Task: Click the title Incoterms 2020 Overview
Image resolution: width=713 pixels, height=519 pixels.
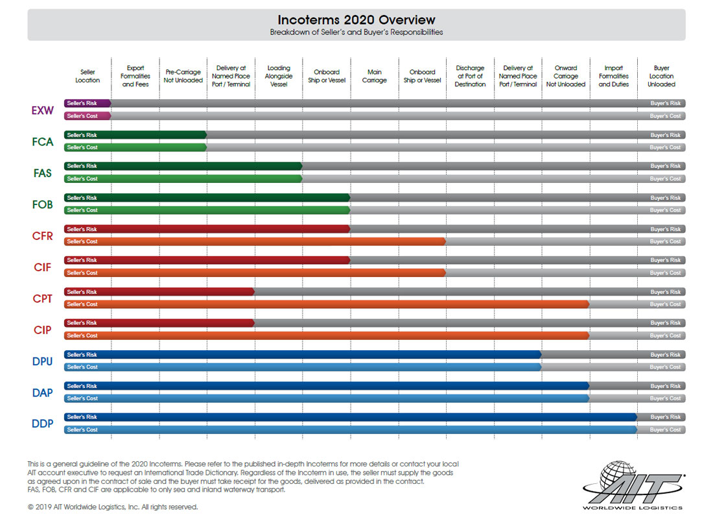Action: coord(356,20)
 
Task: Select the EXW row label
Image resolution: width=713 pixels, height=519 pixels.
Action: coord(43,110)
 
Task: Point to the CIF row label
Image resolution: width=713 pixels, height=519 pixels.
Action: coord(43,267)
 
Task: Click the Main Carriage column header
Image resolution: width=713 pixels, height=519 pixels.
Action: coord(375,76)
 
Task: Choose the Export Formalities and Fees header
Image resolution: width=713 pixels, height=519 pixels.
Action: coord(135,76)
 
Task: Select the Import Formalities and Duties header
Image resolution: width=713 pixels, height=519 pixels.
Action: coord(613,76)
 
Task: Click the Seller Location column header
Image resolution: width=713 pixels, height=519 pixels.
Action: coord(88,76)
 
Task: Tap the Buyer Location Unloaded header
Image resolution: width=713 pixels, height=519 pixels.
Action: coord(661,76)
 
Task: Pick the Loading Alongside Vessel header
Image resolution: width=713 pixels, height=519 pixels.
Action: coord(279,76)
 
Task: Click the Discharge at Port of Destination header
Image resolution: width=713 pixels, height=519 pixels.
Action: coord(470,76)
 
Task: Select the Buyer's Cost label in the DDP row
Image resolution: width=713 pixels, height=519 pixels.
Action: coord(666,429)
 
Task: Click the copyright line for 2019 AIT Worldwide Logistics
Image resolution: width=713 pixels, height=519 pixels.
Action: coord(113,507)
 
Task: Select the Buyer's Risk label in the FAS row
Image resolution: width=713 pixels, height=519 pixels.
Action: coord(666,166)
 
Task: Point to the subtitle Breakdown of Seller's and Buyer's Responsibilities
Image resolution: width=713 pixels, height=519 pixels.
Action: coord(356,32)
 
